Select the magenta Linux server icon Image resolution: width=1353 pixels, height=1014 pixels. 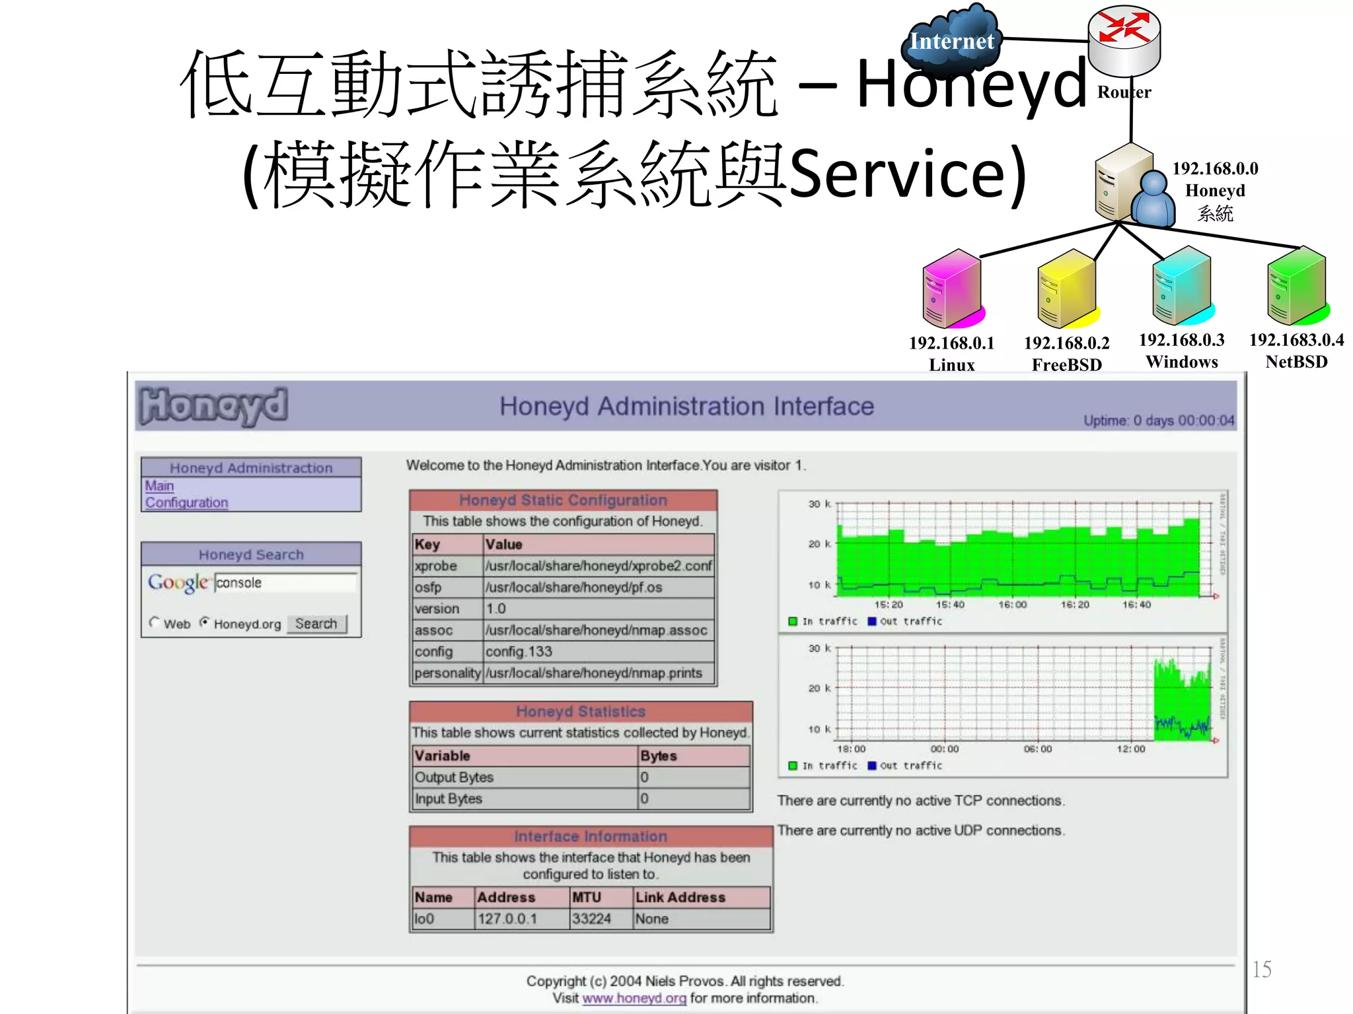click(x=952, y=288)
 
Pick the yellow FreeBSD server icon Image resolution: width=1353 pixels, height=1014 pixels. click(x=1066, y=288)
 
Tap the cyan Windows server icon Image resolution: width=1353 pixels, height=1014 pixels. click(x=1182, y=285)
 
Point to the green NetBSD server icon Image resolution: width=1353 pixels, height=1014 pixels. click(x=1296, y=285)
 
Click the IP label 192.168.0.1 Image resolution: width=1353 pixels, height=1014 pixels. click(x=951, y=343)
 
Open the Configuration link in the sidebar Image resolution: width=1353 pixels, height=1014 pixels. click(x=186, y=502)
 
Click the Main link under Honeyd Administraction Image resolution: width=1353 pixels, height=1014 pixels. click(x=159, y=486)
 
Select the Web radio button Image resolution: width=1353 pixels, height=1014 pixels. click(x=155, y=623)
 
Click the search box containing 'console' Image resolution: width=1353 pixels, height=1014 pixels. click(x=285, y=583)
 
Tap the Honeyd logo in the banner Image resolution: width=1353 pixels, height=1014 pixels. click(x=214, y=405)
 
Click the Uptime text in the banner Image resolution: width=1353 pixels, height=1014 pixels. click(x=1158, y=421)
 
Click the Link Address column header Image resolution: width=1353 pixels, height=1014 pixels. click(x=680, y=897)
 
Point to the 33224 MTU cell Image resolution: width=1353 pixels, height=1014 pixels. click(x=591, y=919)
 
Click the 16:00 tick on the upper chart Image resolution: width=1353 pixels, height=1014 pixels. click(x=1012, y=604)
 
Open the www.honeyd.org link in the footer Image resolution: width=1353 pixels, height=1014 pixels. click(x=634, y=998)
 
